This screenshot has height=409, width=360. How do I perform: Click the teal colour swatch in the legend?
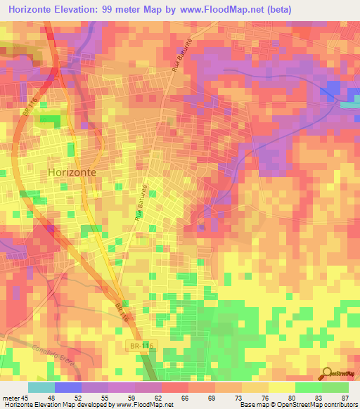tap(41, 387)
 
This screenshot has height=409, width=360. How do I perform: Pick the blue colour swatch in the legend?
tap(67, 387)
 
